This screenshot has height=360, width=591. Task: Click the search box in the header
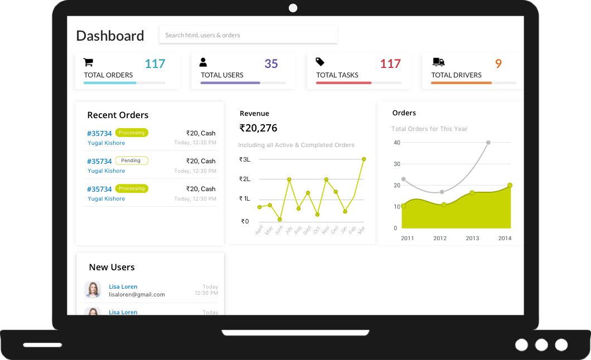248,35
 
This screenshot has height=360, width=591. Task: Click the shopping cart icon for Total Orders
88,62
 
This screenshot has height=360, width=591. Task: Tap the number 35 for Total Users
271,64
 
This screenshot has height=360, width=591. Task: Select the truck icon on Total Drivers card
438,62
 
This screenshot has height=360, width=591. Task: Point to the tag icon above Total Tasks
320,62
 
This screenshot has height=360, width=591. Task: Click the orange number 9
498,64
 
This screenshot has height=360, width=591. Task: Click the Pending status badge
132,160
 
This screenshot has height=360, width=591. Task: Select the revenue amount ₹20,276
258,128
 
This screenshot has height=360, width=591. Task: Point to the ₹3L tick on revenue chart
245,159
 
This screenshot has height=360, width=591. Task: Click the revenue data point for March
364,159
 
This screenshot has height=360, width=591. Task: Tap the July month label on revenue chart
288,230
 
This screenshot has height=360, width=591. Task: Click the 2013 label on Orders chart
472,239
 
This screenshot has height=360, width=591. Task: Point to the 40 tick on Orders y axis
397,143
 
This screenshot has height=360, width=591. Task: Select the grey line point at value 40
488,143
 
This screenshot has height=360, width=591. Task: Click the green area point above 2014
510,185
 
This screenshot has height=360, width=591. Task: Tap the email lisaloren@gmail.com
137,294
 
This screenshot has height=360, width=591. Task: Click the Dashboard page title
110,36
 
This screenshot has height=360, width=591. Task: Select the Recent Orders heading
118,115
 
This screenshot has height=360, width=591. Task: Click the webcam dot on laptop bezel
293,8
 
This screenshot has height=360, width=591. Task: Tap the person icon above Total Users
203,62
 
